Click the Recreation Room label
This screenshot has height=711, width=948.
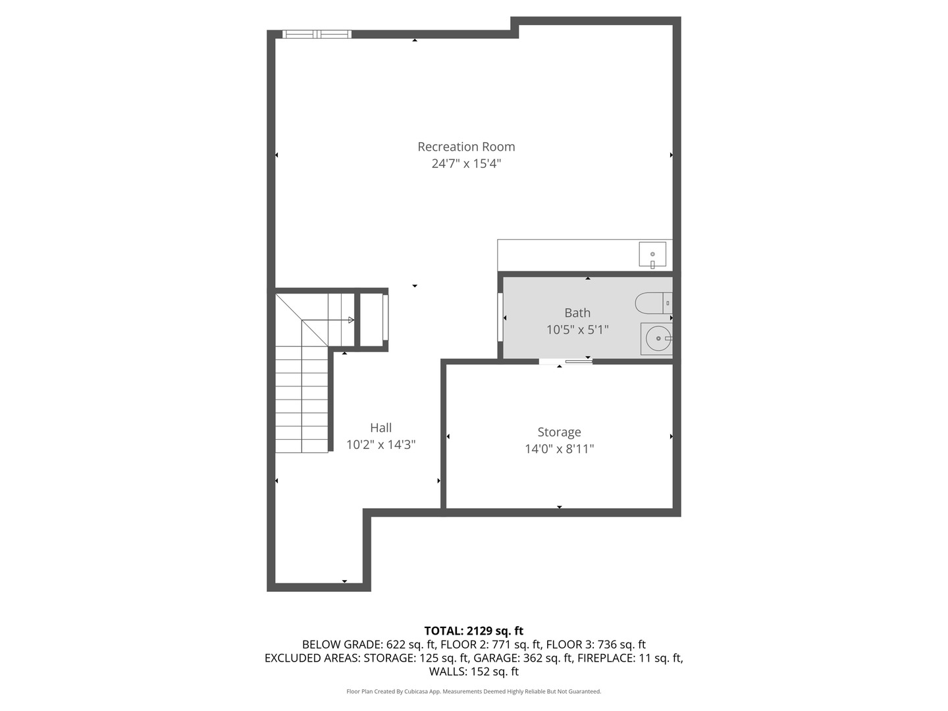click(x=466, y=147)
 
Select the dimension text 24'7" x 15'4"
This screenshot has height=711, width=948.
click(x=466, y=163)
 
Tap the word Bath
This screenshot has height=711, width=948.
click(x=577, y=313)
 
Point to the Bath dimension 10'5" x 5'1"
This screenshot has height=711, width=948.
click(x=577, y=329)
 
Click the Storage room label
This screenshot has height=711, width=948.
click(x=559, y=432)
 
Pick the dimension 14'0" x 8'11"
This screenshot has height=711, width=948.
click(x=559, y=449)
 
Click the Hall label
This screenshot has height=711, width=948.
click(x=381, y=427)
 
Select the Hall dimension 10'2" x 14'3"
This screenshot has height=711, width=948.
click(x=381, y=444)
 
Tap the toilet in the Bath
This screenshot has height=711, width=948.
click(x=653, y=303)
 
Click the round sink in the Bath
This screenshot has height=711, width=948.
click(x=658, y=338)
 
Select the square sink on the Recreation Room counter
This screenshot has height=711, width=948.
click(x=652, y=254)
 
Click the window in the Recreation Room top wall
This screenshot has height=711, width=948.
click(x=317, y=34)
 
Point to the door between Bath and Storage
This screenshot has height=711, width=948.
click(x=566, y=361)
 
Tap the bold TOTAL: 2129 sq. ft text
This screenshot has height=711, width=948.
click(x=473, y=631)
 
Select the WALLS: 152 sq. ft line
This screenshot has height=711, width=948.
click(x=473, y=671)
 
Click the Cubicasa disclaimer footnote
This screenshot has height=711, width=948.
click(x=473, y=691)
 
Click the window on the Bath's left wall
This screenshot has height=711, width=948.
click(x=500, y=317)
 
